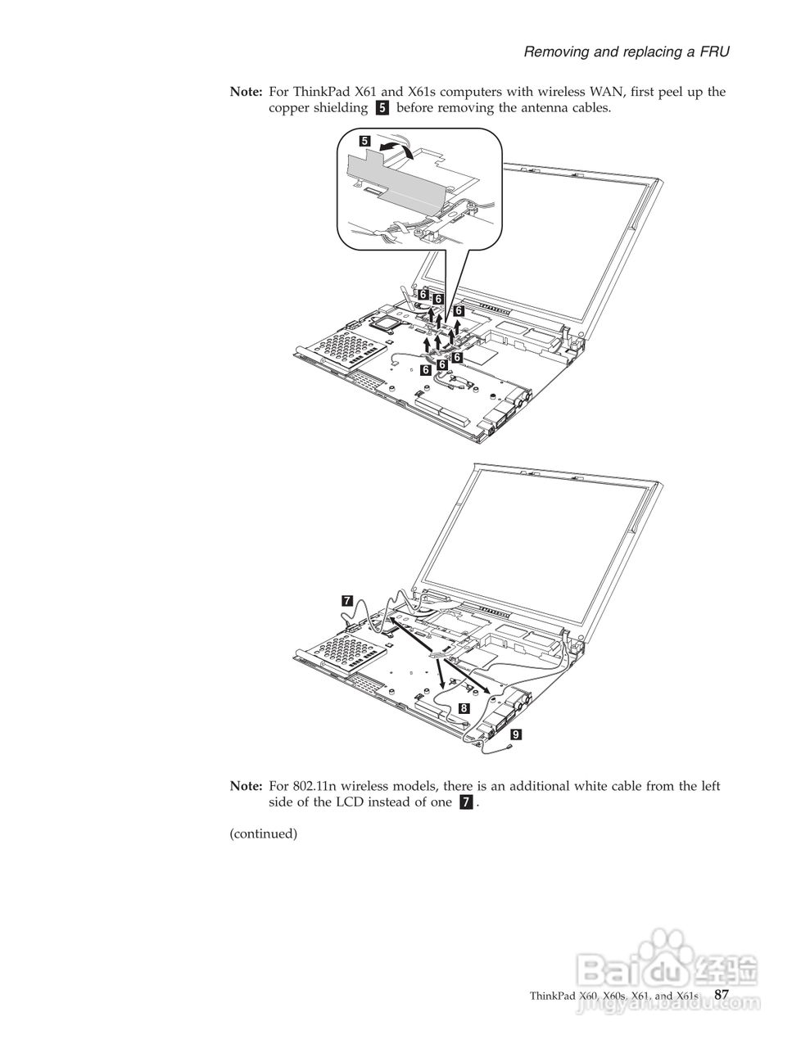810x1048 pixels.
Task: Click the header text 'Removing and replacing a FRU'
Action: (x=626, y=52)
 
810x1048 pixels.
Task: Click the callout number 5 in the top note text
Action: (x=382, y=108)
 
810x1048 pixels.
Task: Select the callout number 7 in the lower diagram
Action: (x=347, y=600)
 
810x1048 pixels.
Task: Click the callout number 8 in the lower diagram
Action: (x=464, y=707)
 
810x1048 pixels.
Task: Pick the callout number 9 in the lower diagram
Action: (x=515, y=734)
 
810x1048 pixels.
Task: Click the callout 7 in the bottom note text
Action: (x=465, y=802)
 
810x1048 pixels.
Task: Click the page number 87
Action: (x=722, y=994)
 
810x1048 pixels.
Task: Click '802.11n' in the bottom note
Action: (x=315, y=786)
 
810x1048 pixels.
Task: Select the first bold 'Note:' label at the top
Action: (x=246, y=92)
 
